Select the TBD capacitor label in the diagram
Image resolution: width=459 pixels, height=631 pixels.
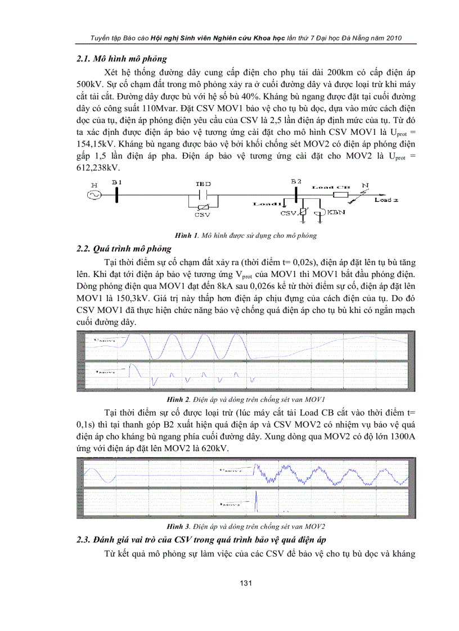tap(202, 184)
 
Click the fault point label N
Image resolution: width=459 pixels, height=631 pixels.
tap(366, 184)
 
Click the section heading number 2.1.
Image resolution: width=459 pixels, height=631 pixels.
tap(83, 58)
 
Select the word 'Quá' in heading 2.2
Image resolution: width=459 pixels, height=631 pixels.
tap(106, 248)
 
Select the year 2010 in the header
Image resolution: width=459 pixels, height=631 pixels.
tap(391, 38)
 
